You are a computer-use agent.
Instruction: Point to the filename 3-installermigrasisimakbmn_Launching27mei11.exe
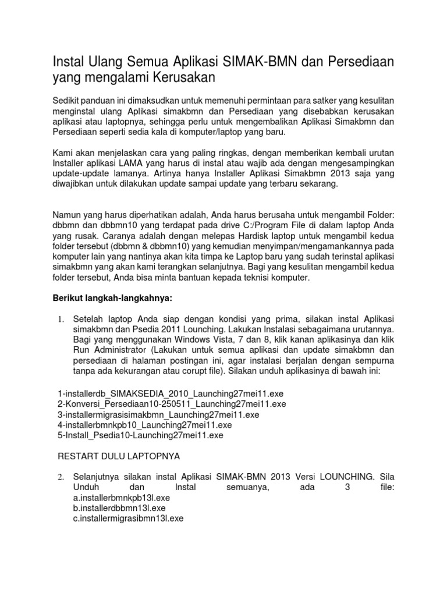tap(158, 414)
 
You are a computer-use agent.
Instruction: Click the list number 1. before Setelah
tap(60, 320)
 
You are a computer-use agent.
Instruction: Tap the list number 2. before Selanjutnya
tap(60, 477)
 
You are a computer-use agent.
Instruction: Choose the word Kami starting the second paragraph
tap(62, 152)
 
